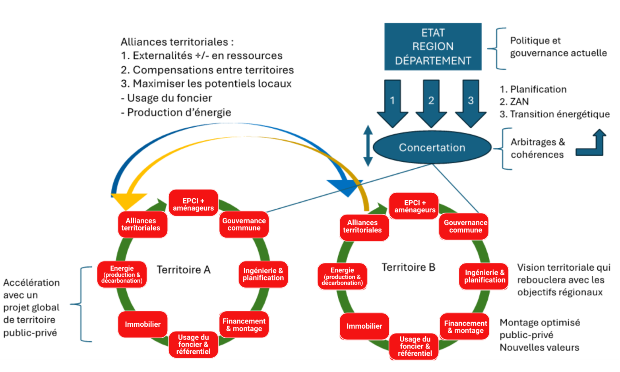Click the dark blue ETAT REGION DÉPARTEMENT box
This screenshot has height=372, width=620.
433,46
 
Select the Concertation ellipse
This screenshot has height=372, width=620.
432,147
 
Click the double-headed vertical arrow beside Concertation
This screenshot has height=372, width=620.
368,146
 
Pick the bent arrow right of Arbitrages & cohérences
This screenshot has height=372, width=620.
592,144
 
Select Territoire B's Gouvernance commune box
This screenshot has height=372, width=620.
465,227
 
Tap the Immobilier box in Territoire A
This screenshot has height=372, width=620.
143,324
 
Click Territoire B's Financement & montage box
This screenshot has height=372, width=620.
465,327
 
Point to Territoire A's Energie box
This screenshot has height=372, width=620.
122,274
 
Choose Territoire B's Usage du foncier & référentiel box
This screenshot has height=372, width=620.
415,346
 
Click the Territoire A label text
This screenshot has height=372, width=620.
183,270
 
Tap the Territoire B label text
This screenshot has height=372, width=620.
408,267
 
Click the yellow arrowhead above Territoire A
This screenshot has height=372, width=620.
128,201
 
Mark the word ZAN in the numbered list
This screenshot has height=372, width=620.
519,102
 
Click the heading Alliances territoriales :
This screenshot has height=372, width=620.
177,42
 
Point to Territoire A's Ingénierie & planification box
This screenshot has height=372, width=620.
263,274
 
